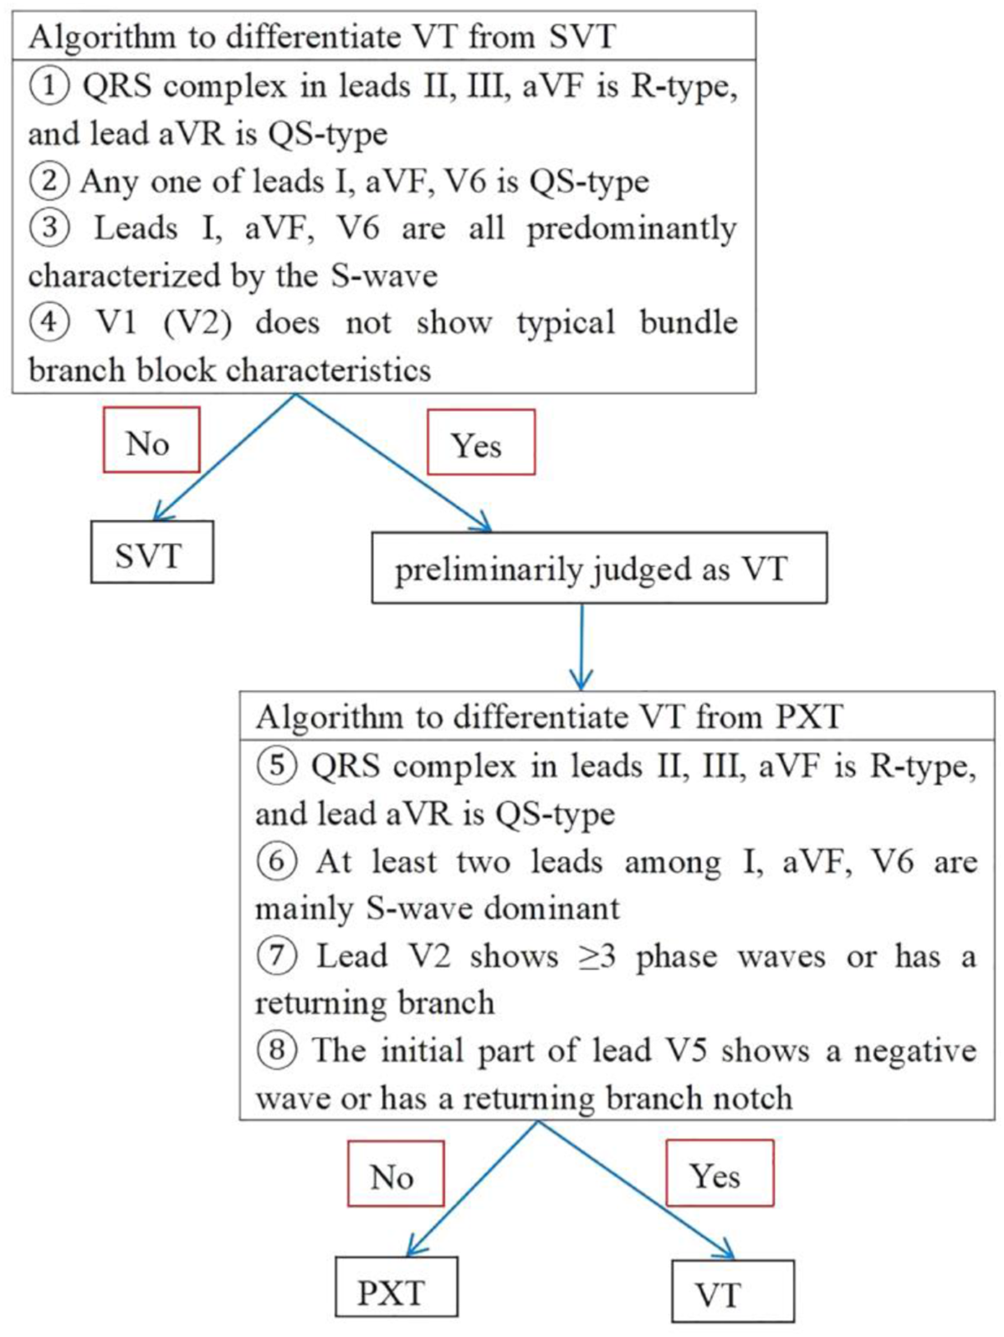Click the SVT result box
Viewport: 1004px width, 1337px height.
[151, 553]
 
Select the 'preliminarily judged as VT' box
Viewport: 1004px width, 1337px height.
[599, 569]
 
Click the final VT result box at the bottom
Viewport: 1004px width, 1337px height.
[732, 1293]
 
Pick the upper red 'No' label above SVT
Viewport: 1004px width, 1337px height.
[151, 440]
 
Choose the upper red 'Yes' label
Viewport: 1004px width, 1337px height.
[480, 443]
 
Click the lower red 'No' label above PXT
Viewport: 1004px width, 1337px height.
[395, 1174]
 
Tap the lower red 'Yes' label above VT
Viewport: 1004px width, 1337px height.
[719, 1174]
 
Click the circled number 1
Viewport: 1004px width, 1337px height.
[49, 85]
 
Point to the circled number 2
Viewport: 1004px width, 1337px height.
[49, 181]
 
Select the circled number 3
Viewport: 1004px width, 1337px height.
[49, 228]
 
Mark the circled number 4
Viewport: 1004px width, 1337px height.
[49, 322]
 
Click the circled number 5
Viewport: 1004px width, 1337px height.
[276, 766]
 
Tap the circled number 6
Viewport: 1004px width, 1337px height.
[276, 861]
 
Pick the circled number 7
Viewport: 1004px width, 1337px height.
[276, 955]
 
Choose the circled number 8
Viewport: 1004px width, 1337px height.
[276, 1050]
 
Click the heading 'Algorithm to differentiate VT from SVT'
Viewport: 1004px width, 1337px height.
[322, 37]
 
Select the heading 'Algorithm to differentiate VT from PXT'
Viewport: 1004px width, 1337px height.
[549, 717]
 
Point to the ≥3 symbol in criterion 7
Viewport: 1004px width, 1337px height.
[597, 956]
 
